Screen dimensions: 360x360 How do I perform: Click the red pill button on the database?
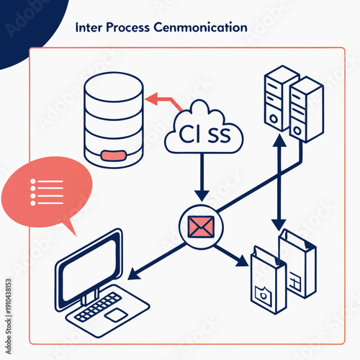(114, 154)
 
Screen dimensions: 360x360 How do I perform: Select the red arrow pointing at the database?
(162, 101)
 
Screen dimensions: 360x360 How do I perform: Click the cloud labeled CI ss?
(204, 130)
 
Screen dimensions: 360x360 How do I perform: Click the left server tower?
(281, 97)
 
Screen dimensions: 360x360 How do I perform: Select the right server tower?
(307, 108)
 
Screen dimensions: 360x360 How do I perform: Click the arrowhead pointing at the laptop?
(133, 274)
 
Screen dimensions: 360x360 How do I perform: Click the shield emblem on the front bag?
(261, 292)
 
